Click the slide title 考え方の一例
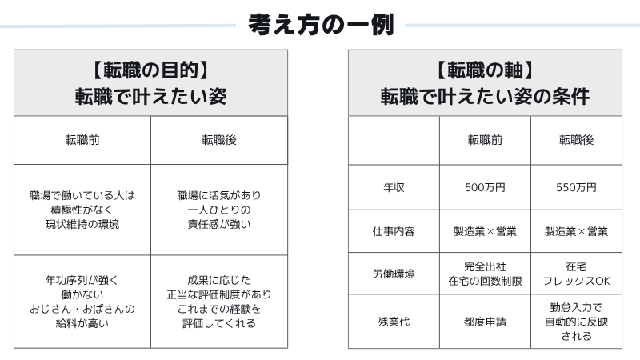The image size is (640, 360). click(x=321, y=25)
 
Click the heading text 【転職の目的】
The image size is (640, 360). click(x=150, y=70)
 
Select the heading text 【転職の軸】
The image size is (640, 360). click(x=485, y=70)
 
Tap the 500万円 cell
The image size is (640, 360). click(x=485, y=187)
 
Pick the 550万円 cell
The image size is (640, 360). click(x=576, y=187)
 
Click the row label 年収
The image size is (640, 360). click(x=394, y=187)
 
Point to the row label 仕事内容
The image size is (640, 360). click(x=394, y=231)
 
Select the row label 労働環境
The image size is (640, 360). click(x=394, y=274)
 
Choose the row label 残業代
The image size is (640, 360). click(x=394, y=322)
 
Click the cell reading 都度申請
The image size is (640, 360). click(x=485, y=322)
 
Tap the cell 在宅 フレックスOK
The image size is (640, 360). click(x=576, y=274)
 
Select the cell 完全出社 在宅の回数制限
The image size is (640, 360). click(x=485, y=274)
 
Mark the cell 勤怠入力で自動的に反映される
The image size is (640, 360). click(x=576, y=322)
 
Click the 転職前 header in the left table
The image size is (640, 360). click(x=82, y=140)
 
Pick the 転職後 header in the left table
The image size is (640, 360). click(x=219, y=140)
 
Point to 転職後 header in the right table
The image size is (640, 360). click(x=576, y=140)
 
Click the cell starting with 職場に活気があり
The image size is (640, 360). click(x=219, y=210)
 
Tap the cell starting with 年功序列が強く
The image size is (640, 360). click(x=82, y=302)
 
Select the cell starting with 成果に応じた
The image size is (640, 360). click(x=219, y=302)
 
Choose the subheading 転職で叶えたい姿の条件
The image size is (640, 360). click(x=485, y=97)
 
